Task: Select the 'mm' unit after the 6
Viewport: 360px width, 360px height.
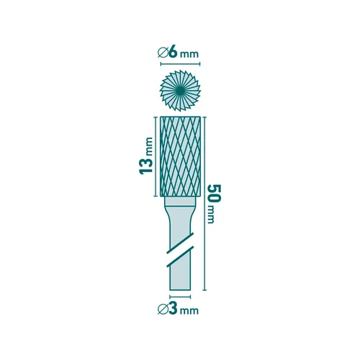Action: [189, 53]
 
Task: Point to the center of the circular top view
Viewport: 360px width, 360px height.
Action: [180, 90]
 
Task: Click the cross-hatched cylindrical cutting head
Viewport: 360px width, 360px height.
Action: [180, 156]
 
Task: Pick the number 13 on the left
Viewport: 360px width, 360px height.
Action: [145, 165]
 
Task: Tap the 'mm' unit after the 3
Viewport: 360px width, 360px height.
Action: [189, 312]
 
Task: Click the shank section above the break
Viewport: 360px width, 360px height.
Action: [180, 227]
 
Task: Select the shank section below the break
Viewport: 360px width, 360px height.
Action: [180, 274]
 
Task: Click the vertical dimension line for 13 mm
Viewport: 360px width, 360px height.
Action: [156, 156]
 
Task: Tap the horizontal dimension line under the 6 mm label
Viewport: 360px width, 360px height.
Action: [180, 63]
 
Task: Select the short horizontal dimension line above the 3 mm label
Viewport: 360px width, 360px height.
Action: [180, 296]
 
